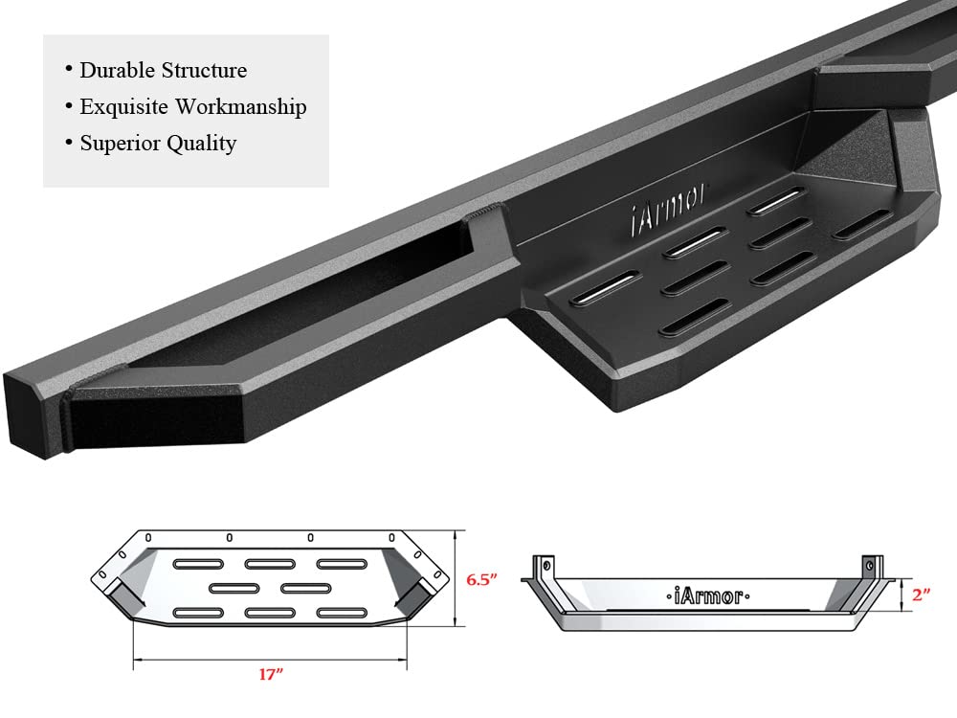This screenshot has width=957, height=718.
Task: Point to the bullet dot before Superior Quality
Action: [69, 143]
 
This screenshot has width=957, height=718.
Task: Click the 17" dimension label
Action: [272, 674]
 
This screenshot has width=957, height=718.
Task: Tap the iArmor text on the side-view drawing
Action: [703, 595]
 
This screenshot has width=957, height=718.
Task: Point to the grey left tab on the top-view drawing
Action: [122, 595]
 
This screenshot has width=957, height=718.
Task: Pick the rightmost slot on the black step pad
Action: [860, 227]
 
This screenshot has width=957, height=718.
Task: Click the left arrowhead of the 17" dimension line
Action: [136, 660]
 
